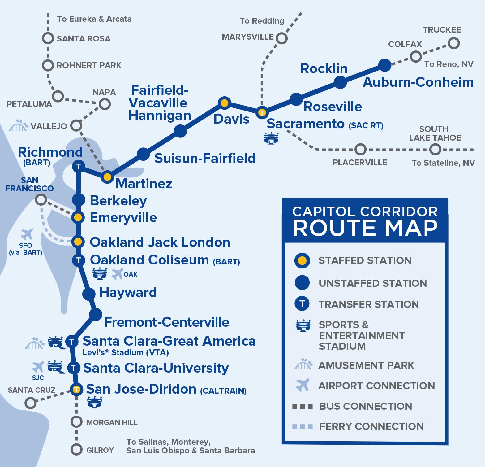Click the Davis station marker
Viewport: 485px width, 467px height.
(224, 103)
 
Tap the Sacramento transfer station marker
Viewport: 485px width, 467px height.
(262, 112)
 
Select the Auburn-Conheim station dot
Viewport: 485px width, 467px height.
(385, 65)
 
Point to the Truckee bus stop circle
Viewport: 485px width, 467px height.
(453, 43)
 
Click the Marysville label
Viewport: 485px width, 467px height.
(248, 37)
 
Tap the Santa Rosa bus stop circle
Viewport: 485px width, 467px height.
(48, 38)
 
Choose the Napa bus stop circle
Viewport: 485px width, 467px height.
(105, 104)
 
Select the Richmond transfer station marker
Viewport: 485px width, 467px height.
(78, 166)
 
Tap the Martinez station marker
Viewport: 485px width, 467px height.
(107, 177)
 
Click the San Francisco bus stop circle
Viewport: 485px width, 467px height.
(41, 199)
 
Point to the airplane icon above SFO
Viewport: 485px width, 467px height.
(27, 234)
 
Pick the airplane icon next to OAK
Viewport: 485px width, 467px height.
(117, 274)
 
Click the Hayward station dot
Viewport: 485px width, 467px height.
(89, 294)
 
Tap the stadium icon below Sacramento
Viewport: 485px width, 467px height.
(271, 138)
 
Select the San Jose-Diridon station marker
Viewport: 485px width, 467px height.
(76, 389)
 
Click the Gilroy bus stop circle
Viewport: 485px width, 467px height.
(76, 449)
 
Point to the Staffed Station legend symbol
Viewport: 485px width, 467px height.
(302, 260)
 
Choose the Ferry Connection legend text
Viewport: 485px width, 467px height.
(371, 426)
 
